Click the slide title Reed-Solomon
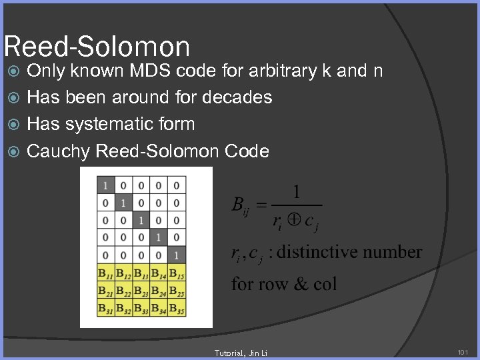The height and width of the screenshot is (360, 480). [x=97, y=47]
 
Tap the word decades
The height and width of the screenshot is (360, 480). [x=238, y=97]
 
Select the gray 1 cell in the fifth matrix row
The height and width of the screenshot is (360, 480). [x=176, y=255]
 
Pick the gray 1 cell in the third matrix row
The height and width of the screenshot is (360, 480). [x=141, y=220]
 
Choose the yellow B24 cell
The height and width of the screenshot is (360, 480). [x=159, y=290]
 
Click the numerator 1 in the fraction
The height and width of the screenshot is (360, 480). [x=296, y=193]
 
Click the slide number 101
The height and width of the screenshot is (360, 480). [x=463, y=351]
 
